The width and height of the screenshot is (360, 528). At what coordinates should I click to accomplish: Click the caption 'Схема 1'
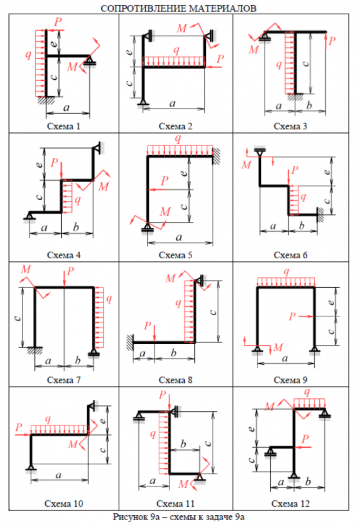click(x=64, y=126)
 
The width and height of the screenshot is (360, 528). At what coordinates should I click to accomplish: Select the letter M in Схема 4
click(x=104, y=186)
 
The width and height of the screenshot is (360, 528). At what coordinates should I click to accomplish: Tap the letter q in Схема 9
click(x=286, y=271)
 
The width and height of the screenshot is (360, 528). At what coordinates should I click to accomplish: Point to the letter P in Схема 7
click(x=71, y=272)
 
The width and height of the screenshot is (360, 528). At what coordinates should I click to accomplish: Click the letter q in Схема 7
click(x=109, y=299)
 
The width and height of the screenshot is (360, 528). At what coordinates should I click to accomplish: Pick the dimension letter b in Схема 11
click(x=183, y=442)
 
